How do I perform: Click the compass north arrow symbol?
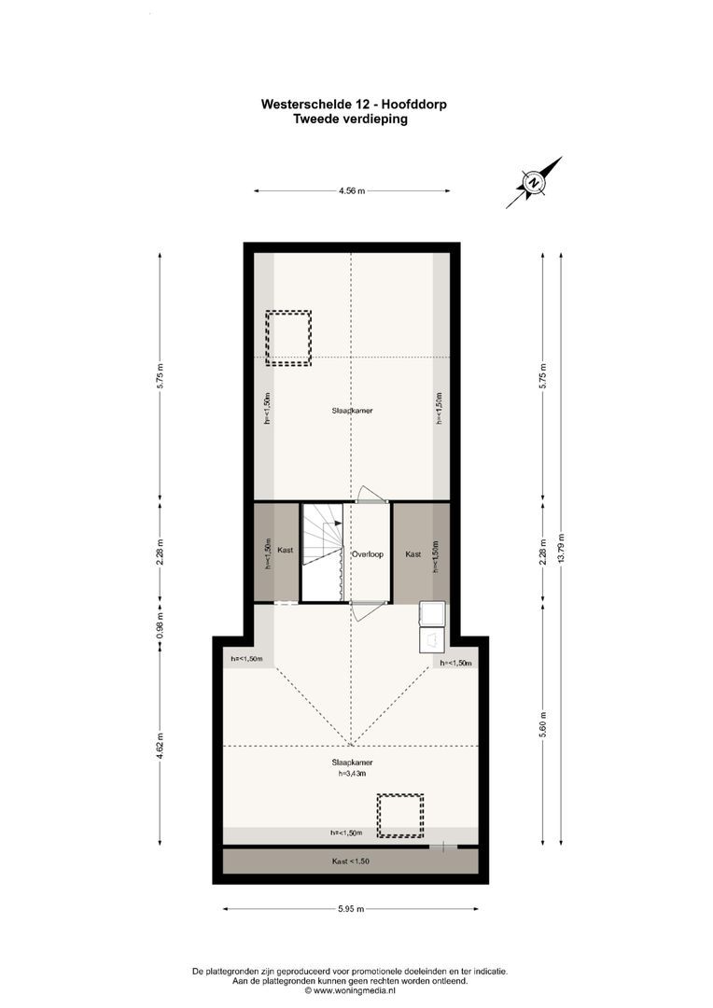pos(534,183)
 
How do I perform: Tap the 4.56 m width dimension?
pos(352,191)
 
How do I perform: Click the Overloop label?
pos(368,554)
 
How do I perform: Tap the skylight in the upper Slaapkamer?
pos(287,338)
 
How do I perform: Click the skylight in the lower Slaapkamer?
pos(399,816)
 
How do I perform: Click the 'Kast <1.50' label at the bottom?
pos(351,861)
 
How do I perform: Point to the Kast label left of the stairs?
pos(286,551)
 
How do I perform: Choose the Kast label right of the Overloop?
pos(412,554)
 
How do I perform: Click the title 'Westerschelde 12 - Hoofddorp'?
pos(354,105)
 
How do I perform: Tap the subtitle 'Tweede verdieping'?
pos(351,119)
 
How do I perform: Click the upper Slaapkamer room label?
pos(352,411)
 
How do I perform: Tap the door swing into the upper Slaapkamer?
pos(370,493)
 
